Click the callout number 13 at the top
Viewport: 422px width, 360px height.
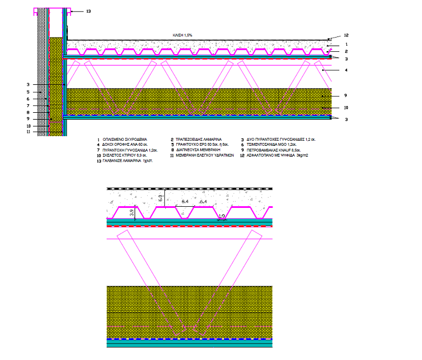coord(79,11)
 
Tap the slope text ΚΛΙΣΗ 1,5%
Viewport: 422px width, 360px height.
coord(183,35)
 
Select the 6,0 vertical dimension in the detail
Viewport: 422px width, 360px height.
coord(161,199)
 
